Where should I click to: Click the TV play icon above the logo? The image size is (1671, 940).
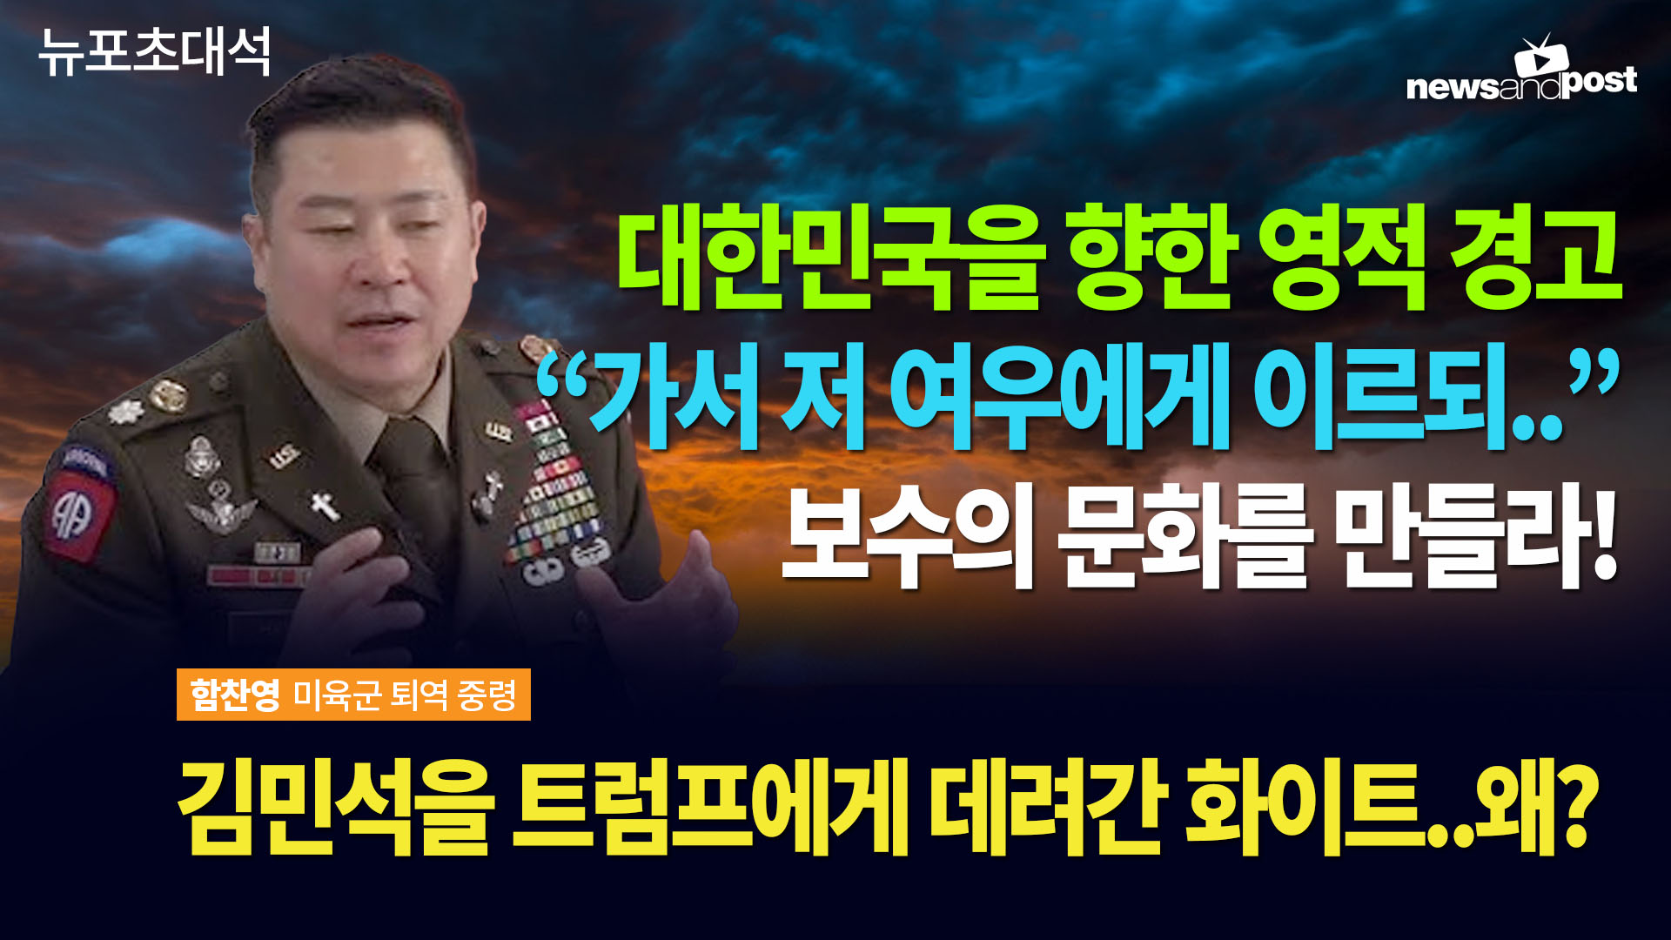(1541, 55)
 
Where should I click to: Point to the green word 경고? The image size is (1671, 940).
(1535, 258)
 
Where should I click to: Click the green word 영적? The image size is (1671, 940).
(1341, 258)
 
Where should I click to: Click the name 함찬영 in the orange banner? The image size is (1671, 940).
(235, 695)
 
